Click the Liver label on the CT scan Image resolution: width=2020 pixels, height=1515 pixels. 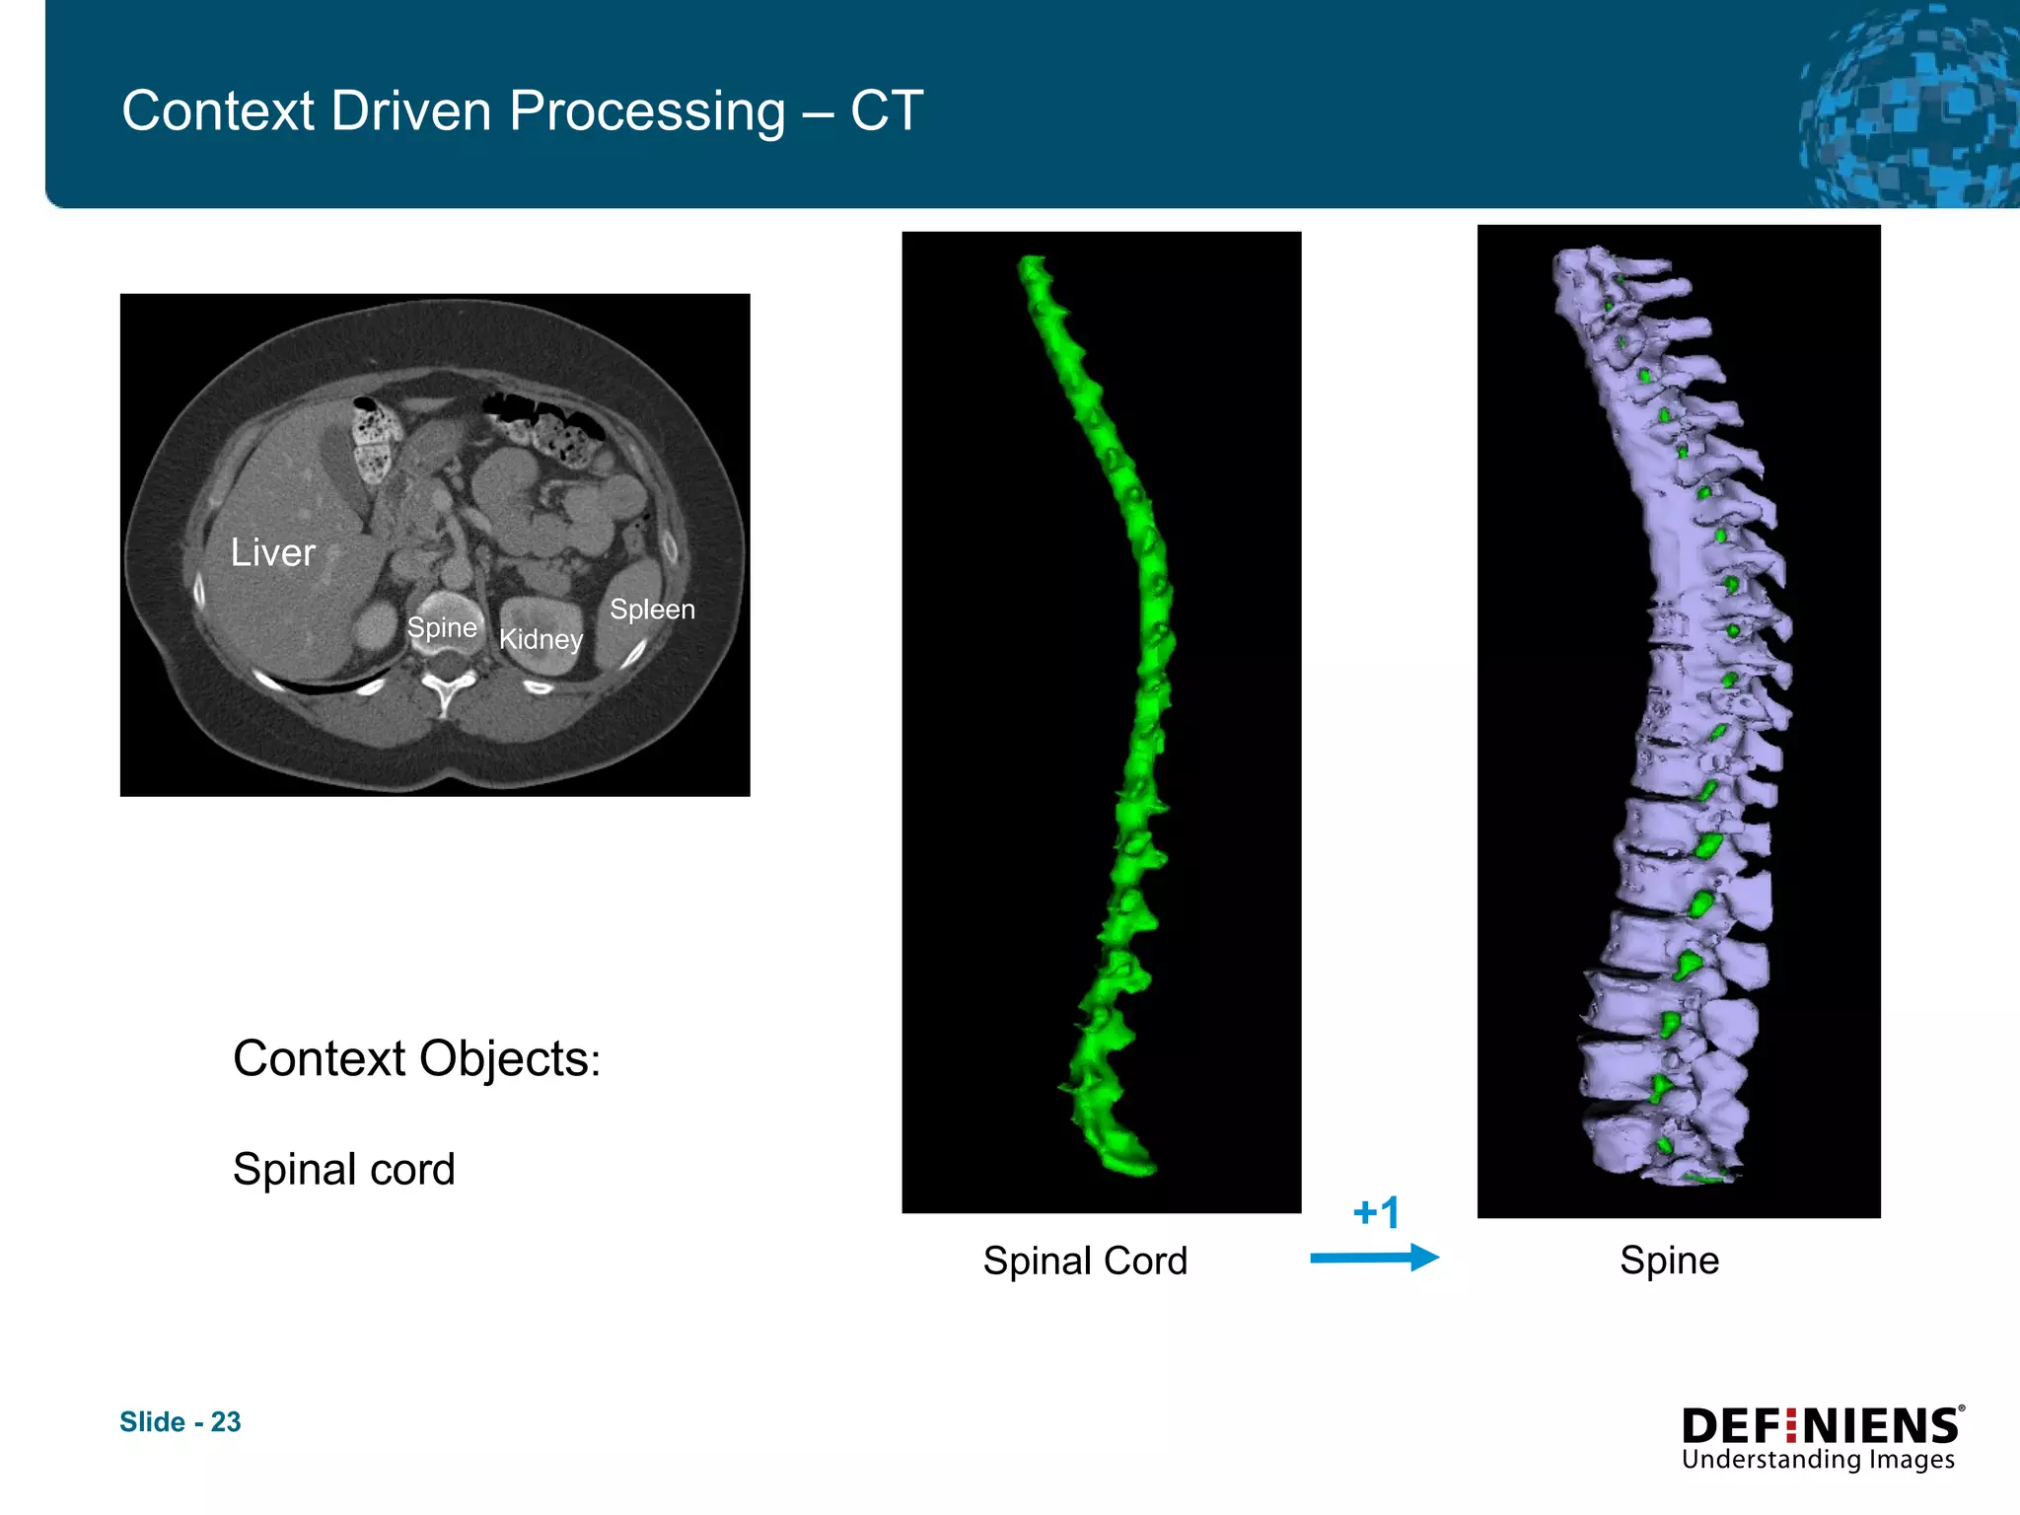[272, 552]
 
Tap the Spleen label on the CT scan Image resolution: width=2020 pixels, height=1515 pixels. [652, 610]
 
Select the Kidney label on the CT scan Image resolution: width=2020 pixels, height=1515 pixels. [541, 639]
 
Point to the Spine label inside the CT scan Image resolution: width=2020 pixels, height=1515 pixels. [442, 627]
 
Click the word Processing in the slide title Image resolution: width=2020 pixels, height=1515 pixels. [647, 110]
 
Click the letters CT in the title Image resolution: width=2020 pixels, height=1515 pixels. [887, 110]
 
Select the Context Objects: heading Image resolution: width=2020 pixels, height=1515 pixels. [416, 1059]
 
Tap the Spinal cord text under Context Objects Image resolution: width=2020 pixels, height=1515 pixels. [343, 1170]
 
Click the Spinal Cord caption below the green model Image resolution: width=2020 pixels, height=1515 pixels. [1085, 1261]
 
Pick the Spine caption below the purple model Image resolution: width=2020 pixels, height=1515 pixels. [1669, 1261]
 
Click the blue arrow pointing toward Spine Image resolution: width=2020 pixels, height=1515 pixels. [1374, 1258]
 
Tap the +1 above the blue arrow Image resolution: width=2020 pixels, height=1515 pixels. [1376, 1212]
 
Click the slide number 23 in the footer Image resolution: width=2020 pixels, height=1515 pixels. [226, 1421]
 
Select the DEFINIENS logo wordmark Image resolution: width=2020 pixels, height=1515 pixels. [1821, 1426]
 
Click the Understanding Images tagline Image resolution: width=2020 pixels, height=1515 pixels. [1818, 1460]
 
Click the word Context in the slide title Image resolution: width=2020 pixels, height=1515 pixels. [218, 110]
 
